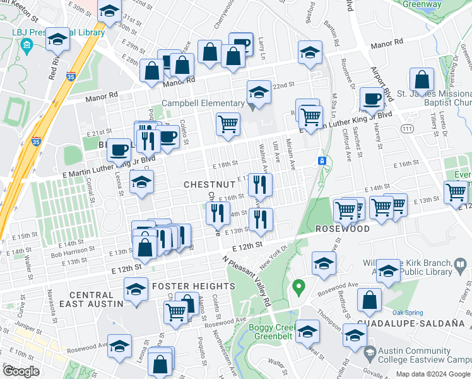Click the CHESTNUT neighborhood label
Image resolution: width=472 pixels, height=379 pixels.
[209, 184]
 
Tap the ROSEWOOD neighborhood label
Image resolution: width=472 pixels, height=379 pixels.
[342, 229]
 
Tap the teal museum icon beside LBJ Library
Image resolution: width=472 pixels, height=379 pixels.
[27, 45]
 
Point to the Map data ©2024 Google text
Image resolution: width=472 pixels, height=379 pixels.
[432, 374]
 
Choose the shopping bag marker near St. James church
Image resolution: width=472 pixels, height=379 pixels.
[422, 80]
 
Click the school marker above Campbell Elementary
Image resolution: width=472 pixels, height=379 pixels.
[257, 92]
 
